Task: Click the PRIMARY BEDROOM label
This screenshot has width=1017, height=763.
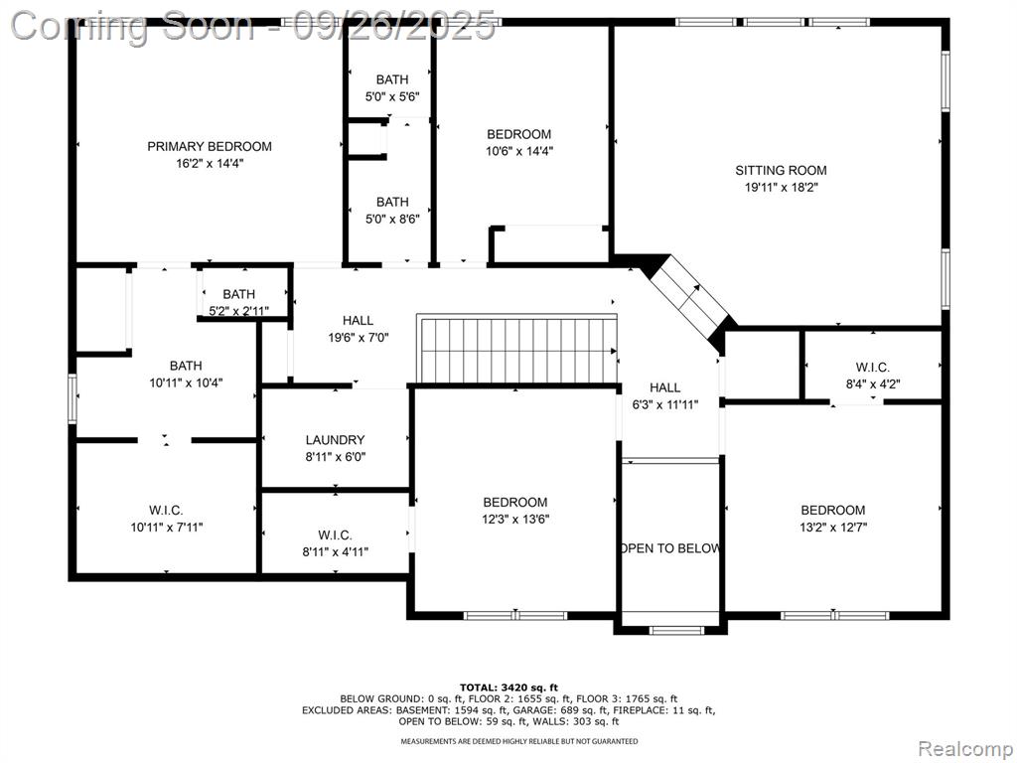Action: click(209, 147)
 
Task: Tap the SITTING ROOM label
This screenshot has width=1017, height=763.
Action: click(781, 171)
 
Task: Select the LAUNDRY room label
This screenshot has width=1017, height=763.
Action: click(336, 440)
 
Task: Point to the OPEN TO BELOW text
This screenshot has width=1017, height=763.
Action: click(670, 548)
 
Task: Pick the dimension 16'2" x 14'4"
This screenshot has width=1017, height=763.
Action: click(209, 164)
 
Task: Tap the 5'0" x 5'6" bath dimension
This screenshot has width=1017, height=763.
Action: click(392, 97)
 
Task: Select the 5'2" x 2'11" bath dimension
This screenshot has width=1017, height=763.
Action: click(238, 311)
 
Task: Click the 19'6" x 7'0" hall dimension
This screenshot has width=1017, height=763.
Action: click(358, 338)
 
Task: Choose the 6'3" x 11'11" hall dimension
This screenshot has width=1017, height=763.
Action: click(665, 405)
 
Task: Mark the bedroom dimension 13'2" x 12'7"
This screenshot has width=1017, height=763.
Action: click(833, 528)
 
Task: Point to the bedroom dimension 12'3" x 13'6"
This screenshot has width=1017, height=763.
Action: click(515, 519)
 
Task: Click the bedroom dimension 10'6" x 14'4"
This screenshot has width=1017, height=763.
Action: click(518, 151)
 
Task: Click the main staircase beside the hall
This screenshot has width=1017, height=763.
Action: click(516, 350)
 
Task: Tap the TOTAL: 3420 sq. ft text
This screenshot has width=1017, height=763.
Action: click(508, 687)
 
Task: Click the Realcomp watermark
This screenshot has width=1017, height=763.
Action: click(963, 749)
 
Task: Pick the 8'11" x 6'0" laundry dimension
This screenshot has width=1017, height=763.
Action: click(336, 457)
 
